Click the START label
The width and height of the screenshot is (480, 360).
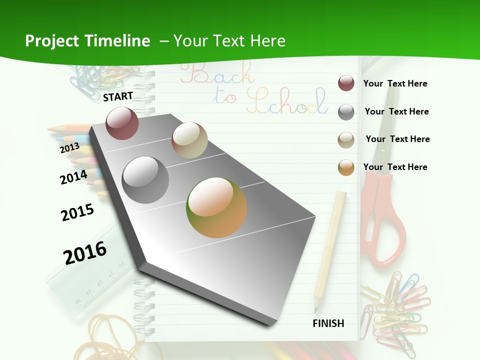[118, 96]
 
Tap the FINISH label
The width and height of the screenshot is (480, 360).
[328, 323]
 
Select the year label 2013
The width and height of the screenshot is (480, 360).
[70, 147]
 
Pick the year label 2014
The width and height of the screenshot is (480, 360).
[73, 177]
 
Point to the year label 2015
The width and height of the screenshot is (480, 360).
[77, 212]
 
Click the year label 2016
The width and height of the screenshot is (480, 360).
[85, 253]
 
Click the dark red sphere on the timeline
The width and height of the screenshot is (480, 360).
[122, 123]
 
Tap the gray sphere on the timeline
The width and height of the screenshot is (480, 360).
[145, 180]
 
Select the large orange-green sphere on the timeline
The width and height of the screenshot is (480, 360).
[216, 207]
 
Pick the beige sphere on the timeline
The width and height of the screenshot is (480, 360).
[189, 140]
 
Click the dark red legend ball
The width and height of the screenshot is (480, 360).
[346, 83]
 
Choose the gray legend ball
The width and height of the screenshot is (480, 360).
[346, 112]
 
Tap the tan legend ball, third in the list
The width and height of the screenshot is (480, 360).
[346, 139]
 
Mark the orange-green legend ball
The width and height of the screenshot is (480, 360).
[346, 167]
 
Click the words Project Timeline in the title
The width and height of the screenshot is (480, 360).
[87, 41]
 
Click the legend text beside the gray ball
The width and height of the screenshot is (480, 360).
[396, 111]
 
